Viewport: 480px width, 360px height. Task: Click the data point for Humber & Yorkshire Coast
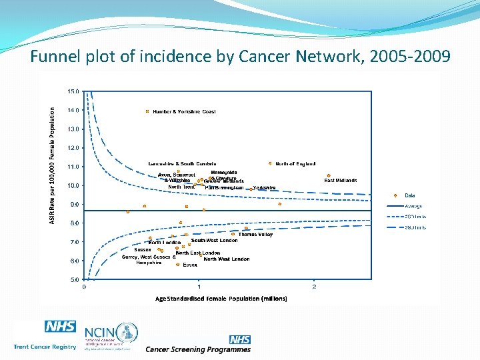coord(147,111)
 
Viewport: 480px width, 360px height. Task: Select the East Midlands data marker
coord(329,176)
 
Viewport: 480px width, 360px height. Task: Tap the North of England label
coord(295,164)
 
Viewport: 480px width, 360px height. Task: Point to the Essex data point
coord(178,265)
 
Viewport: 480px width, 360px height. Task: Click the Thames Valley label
coord(255,235)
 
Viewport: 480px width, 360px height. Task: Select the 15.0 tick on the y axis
coord(73,91)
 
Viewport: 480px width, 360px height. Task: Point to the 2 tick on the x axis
coord(314,287)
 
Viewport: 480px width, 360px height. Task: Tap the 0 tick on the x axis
coord(84,287)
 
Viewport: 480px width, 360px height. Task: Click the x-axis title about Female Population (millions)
coord(221,299)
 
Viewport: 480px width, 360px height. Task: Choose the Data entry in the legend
coord(409,195)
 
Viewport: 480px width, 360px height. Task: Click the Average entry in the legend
coord(413,206)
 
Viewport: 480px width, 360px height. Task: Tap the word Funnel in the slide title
coord(53,58)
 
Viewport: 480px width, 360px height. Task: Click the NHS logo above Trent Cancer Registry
coord(60,327)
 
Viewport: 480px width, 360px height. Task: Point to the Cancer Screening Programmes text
coord(198,349)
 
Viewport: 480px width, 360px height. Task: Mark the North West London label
coord(227,259)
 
